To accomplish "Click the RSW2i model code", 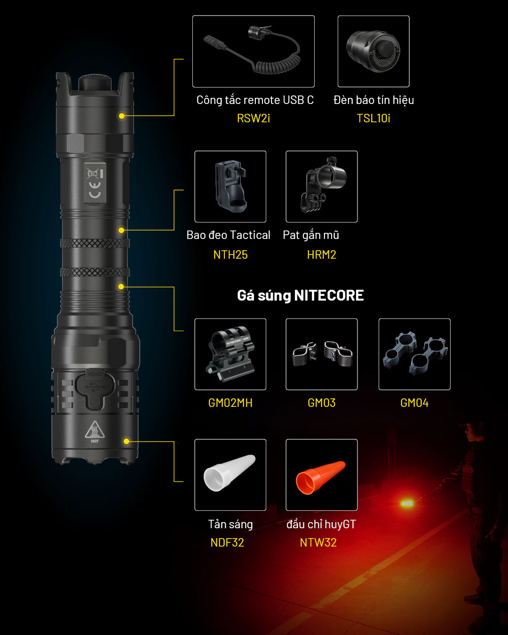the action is click(253, 119).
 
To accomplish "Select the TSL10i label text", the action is click(373, 119).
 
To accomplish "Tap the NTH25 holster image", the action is click(230, 186).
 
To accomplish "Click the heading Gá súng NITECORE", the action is click(300, 296).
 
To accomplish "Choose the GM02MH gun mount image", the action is click(230, 354).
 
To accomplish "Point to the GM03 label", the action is click(321, 403).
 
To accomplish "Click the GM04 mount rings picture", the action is click(415, 354).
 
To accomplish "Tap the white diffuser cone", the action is click(230, 473).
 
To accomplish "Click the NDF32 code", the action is click(227, 542).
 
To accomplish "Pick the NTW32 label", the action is click(318, 542).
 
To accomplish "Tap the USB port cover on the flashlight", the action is click(95, 389).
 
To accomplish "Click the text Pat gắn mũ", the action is click(311, 236).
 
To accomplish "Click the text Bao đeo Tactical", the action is click(229, 235).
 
